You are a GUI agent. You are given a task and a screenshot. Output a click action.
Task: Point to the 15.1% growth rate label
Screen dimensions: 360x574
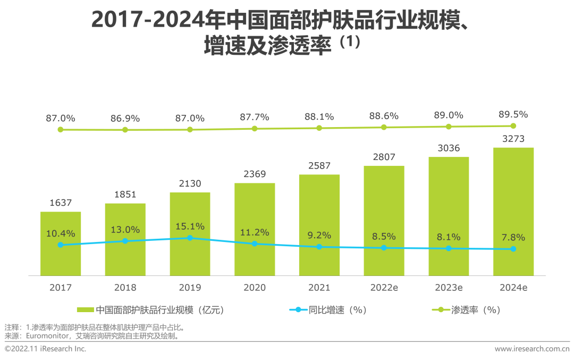(190, 227)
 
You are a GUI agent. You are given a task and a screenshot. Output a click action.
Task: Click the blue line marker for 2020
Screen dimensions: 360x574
(255, 244)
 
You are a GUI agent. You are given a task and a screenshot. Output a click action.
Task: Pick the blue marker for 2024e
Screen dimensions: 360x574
(513, 249)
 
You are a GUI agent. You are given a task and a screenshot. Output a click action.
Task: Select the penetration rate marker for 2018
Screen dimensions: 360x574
(125, 130)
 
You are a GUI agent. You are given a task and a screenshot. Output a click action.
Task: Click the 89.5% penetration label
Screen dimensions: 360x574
(513, 114)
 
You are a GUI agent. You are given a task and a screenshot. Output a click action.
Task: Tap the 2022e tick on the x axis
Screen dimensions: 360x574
(384, 288)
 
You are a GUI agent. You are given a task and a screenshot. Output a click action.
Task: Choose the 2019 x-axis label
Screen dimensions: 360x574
(190, 288)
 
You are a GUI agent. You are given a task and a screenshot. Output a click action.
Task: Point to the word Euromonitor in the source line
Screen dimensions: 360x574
(45, 336)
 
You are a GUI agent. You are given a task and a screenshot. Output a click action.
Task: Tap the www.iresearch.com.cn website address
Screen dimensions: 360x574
(531, 349)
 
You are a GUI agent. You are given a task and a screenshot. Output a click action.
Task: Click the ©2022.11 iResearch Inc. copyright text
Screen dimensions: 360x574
(46, 349)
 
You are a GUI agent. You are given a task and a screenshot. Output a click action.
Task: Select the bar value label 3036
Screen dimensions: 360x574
(449, 148)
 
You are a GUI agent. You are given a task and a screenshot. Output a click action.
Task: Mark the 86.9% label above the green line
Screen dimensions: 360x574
(125, 118)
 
